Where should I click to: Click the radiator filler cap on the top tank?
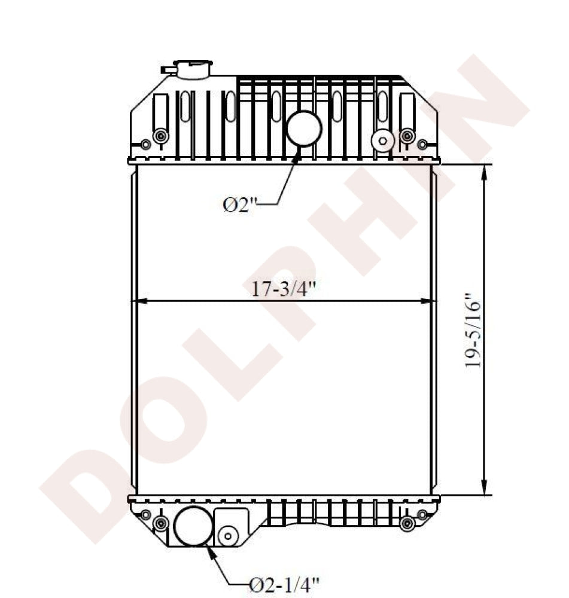[x=193, y=69]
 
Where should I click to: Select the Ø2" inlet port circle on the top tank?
[x=304, y=129]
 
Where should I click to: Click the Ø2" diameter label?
[x=239, y=205]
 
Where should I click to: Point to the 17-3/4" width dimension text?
[x=283, y=289]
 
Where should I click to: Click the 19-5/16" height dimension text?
[x=474, y=330]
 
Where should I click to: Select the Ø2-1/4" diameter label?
[x=284, y=582]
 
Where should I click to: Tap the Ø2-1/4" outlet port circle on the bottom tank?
[x=193, y=526]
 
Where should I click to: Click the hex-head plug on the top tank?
[x=382, y=141]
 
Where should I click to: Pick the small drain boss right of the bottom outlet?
[x=228, y=536]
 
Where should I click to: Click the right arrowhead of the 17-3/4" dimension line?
[x=428, y=301]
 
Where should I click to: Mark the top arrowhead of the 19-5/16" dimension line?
[x=484, y=170]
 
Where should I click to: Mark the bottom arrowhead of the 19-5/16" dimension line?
[x=484, y=489]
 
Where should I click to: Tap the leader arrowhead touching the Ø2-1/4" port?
[x=211, y=551]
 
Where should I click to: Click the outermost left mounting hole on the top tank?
[x=145, y=144]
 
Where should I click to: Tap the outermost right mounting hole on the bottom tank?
[x=422, y=514]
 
